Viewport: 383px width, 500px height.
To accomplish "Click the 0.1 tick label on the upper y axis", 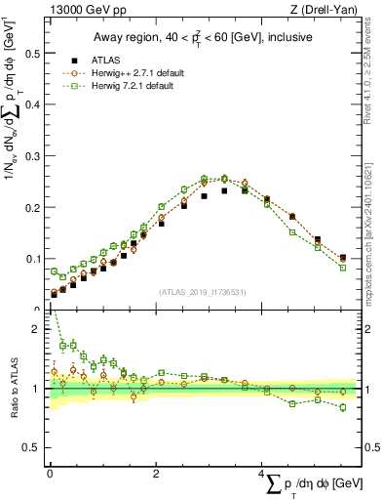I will click(34, 259).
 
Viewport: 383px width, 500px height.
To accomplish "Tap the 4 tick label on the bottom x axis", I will click(263, 474).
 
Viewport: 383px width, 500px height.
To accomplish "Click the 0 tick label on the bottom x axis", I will click(50, 474).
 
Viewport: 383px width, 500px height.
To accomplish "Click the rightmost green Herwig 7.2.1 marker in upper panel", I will click(343, 268).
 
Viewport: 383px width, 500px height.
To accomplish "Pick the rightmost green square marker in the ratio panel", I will click(343, 407).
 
